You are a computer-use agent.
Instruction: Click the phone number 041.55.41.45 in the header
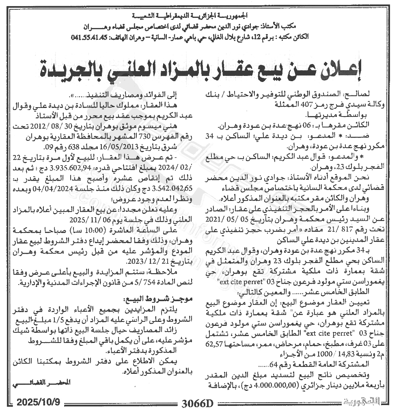[x=88, y=37]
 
